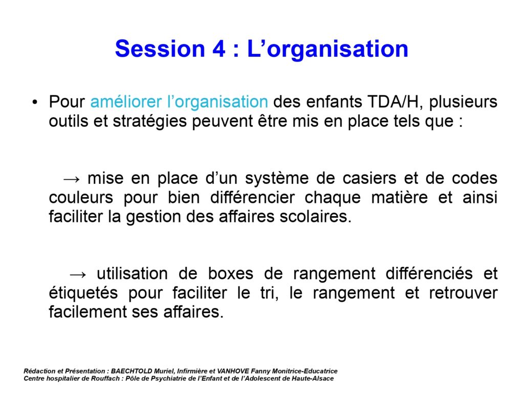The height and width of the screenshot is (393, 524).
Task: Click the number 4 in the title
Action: point(219,49)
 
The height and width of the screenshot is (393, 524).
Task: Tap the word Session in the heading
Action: point(160,49)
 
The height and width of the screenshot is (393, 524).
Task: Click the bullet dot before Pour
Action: point(35,102)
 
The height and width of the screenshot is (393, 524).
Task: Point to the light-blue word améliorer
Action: point(126,101)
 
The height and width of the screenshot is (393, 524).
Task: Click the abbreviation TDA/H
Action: point(393,101)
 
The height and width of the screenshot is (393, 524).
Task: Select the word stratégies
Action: point(150,121)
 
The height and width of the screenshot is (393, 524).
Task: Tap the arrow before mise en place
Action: point(72,179)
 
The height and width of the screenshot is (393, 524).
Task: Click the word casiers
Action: point(369,178)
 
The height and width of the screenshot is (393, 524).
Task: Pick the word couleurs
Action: point(81,197)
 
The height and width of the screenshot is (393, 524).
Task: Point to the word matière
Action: point(399,197)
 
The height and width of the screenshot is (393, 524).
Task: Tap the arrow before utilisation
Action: point(78,275)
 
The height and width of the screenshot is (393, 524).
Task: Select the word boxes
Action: point(231,274)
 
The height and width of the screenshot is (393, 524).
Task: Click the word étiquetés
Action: point(83,293)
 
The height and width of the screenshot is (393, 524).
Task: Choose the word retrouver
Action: point(463,293)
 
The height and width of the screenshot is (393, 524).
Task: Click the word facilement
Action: point(88,312)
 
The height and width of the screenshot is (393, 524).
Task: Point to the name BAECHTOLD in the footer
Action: point(132,371)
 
